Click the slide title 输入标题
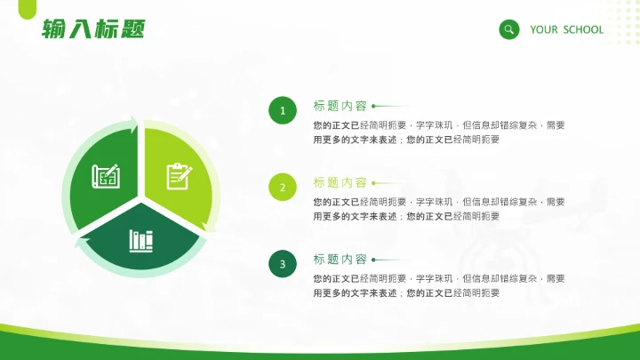(x=93, y=29)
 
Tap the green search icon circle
(x=508, y=29)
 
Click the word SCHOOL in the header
(x=583, y=29)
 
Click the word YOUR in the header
(x=544, y=29)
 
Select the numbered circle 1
(x=283, y=111)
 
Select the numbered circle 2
(x=283, y=188)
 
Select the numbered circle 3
(x=283, y=264)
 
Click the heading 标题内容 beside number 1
(x=340, y=106)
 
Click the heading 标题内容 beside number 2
(x=340, y=183)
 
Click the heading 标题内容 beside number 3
(x=340, y=260)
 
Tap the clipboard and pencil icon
(x=180, y=175)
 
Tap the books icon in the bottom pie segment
(x=141, y=239)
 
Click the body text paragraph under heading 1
(x=439, y=132)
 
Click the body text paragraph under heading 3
(x=439, y=285)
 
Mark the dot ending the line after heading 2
(x=373, y=183)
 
